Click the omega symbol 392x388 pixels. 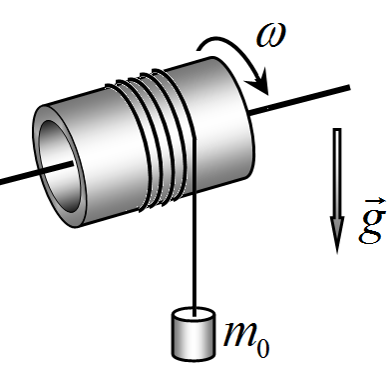click(271, 35)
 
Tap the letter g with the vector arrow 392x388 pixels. click(373, 220)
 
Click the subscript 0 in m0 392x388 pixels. click(263, 349)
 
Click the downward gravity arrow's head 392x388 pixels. click(337, 234)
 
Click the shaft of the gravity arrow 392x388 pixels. click(337, 172)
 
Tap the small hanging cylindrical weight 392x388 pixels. click(194, 334)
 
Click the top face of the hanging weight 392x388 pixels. click(194, 315)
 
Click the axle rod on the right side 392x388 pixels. click(299, 99)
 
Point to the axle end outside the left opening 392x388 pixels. click(18, 178)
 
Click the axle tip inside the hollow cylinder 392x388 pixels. click(72, 163)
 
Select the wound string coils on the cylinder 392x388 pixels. click(153, 140)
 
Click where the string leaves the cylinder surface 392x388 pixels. click(194, 138)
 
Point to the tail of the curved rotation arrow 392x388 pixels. click(198, 50)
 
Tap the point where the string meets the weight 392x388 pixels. click(194, 315)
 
